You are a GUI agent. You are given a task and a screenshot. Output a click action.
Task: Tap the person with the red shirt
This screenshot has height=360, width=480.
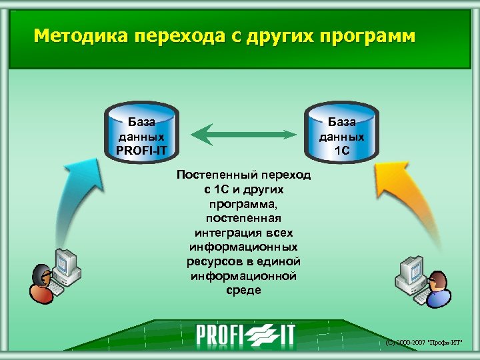(41, 283)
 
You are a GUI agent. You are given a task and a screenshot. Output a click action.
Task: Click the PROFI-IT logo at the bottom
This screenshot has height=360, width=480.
(245, 335)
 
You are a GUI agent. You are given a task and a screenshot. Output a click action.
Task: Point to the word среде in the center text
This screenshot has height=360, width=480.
(243, 291)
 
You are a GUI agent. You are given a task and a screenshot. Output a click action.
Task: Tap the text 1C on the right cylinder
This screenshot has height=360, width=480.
(341, 149)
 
